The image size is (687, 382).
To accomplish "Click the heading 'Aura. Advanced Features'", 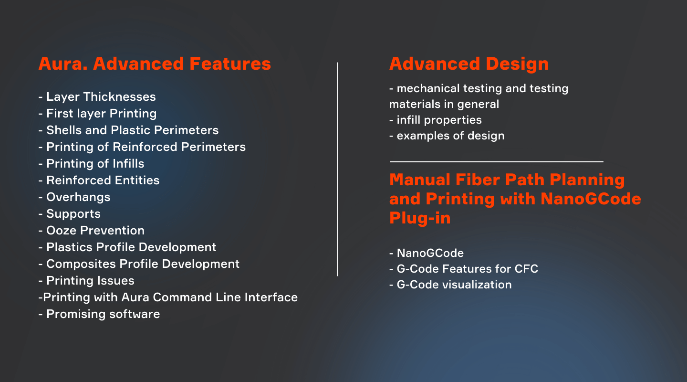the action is point(155,64).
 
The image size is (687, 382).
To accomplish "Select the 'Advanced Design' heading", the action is point(469,64).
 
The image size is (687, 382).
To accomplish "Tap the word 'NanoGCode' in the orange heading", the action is point(591,199).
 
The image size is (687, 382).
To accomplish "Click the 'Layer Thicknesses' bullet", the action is point(97,97).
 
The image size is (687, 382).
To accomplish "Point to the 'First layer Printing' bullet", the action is point(97,114).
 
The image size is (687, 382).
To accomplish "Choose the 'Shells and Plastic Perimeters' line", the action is point(128,130).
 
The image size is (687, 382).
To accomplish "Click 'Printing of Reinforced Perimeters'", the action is point(142,147).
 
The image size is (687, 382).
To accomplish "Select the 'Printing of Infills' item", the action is point(92,164).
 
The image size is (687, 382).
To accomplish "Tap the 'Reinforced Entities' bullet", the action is point(99,180).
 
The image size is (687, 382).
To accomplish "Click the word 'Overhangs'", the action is point(78,197).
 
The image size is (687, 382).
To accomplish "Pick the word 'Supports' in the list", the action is point(73,214).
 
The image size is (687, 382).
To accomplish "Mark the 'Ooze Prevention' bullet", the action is point(92,230).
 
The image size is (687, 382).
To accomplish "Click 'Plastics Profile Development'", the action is point(127,247).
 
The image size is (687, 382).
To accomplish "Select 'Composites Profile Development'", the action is point(139,264).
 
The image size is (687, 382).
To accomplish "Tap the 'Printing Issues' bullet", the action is point(86,281).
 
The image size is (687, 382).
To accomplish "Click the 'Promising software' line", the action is point(99,314).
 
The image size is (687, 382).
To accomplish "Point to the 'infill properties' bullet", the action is point(436,120).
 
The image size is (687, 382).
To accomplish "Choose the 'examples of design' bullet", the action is point(447,136).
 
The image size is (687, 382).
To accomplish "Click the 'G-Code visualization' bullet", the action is point(450,285).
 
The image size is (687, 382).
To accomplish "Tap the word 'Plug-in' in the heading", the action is point(420,218).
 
